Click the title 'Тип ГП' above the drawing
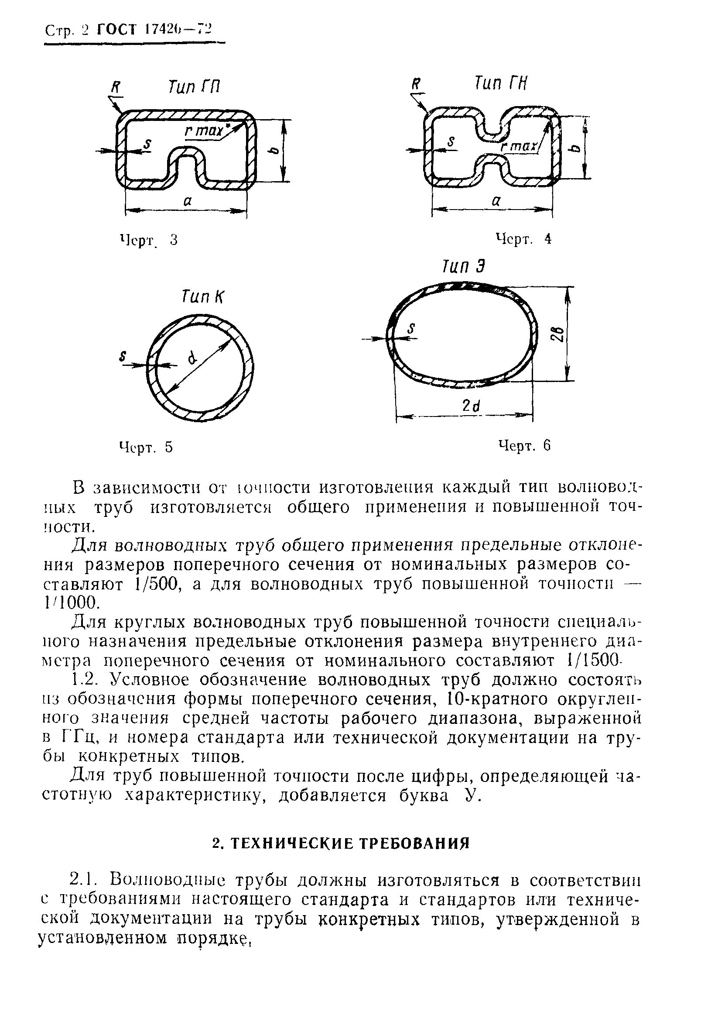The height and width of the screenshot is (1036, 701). [x=194, y=87]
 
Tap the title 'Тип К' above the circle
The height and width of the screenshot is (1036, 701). [x=203, y=296]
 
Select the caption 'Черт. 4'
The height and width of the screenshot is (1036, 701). [x=523, y=239]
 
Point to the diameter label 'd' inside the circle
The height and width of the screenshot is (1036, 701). [x=192, y=357]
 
